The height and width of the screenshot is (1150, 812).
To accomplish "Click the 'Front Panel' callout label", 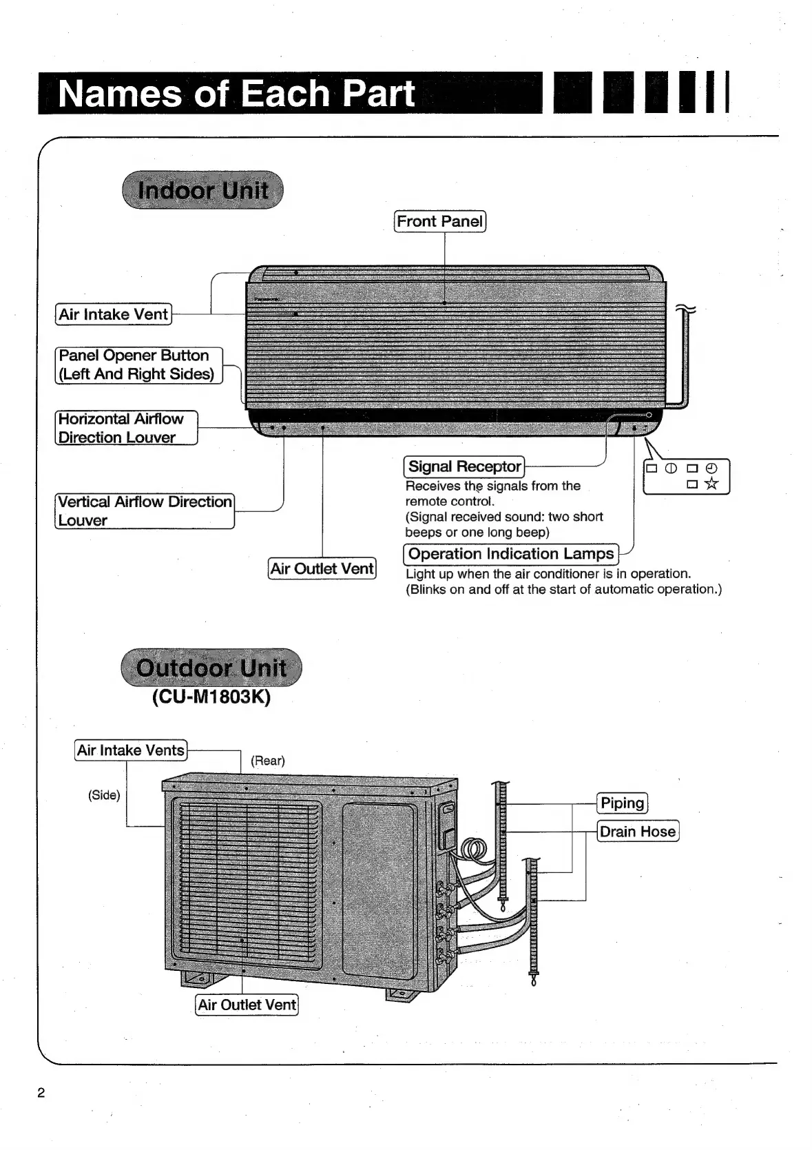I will [x=440, y=221].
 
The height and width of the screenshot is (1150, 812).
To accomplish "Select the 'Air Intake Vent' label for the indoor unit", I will [x=113, y=314].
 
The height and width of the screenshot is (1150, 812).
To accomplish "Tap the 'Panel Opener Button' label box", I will [x=138, y=365].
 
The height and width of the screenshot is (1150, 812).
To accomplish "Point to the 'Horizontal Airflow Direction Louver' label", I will [x=125, y=428].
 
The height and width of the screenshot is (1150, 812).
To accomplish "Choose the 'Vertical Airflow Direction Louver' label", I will [x=145, y=511].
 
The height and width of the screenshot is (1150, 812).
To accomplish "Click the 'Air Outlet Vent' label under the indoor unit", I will [x=322, y=568].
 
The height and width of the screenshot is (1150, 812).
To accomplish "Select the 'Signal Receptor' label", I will [x=464, y=466].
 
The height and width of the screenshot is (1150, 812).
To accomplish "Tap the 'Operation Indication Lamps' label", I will [x=510, y=554].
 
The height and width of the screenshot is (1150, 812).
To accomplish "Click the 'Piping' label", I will [x=622, y=803].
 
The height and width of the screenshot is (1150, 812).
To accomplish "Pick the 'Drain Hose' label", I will [x=637, y=831].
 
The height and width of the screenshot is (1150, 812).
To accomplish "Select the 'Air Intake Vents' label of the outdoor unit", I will [x=130, y=750].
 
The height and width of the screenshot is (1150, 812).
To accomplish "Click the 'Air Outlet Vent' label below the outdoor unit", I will [x=247, y=1005].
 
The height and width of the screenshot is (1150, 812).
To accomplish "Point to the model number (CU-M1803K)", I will [x=211, y=697].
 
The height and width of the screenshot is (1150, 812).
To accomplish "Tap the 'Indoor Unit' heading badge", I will [x=202, y=190].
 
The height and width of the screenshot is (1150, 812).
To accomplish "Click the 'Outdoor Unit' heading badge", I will [x=211, y=668].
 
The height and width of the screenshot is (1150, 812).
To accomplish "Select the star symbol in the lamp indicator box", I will [x=711, y=484].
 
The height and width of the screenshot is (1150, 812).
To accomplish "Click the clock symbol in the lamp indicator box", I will [x=712, y=468].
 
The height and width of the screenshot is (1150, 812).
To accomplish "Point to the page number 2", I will [x=41, y=1093].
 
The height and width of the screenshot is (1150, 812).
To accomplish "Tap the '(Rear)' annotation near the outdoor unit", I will [x=267, y=761].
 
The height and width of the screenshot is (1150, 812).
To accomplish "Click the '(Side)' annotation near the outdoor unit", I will [x=104, y=795].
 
